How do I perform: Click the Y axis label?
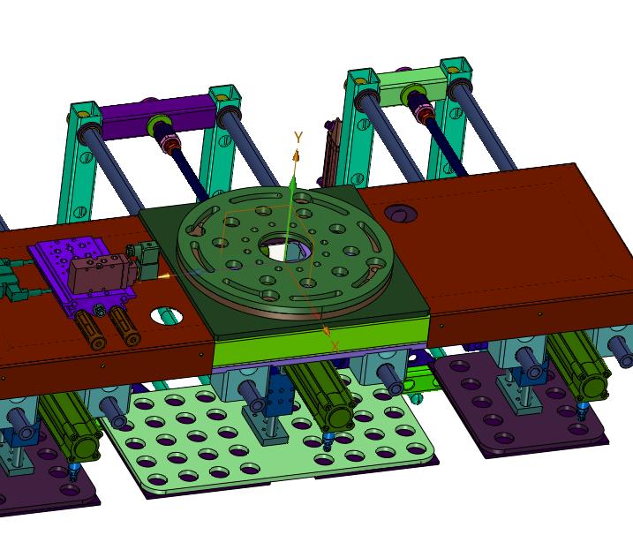298,138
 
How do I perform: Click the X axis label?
335,346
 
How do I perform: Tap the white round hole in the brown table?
166,315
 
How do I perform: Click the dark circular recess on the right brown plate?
400,213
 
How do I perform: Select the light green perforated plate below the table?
267,438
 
